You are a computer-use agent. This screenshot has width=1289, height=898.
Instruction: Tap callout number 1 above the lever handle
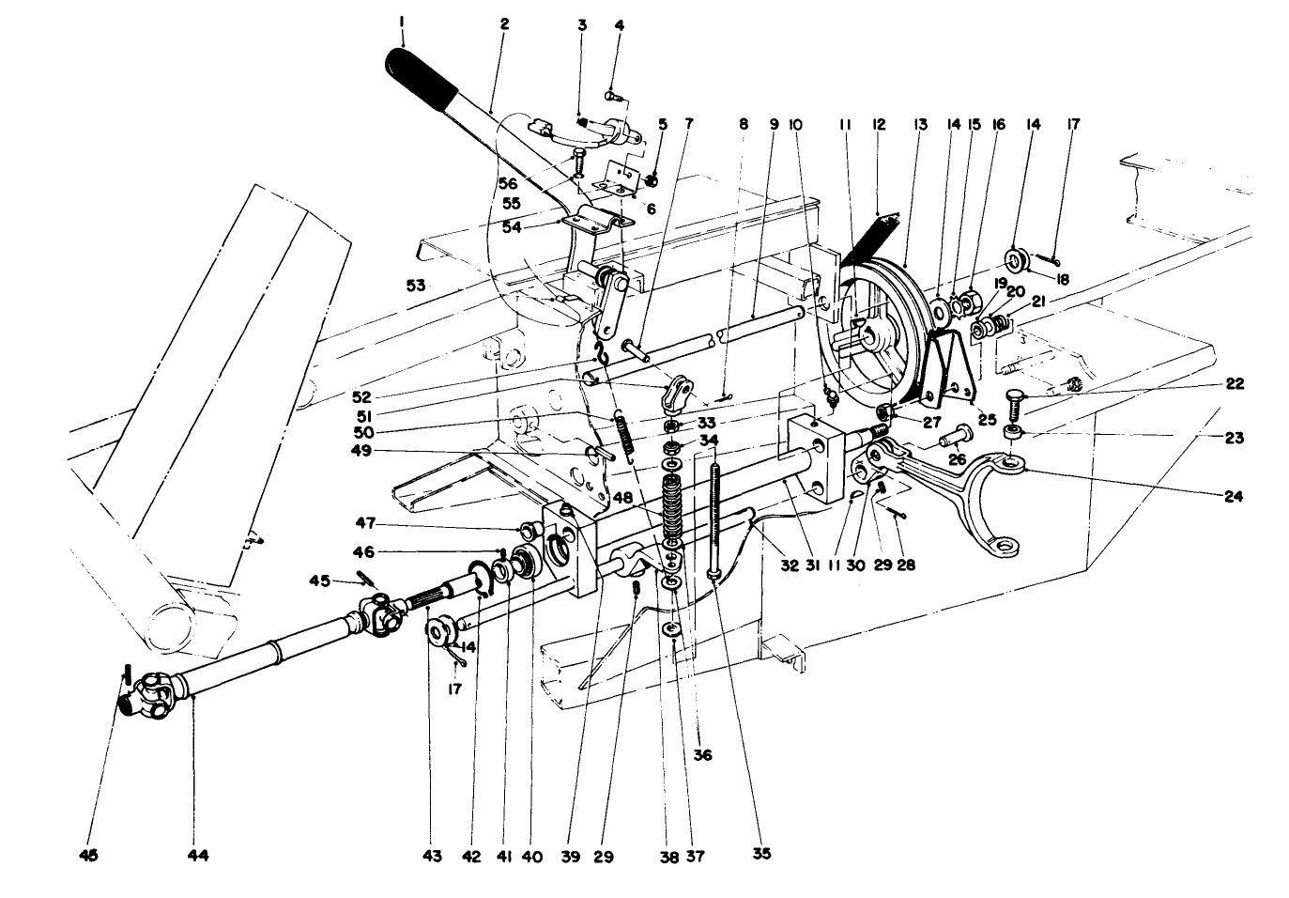coord(401,21)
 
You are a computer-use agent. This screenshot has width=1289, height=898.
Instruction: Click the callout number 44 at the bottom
coord(198,855)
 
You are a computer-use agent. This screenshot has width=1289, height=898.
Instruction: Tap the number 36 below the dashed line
coord(703,753)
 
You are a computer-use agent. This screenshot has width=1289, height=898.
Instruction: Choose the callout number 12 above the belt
coord(879,122)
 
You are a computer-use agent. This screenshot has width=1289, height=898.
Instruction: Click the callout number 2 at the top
coord(504,24)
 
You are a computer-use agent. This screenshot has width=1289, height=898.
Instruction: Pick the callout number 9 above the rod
coord(775,122)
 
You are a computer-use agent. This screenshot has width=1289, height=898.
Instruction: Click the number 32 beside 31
coord(789,565)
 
